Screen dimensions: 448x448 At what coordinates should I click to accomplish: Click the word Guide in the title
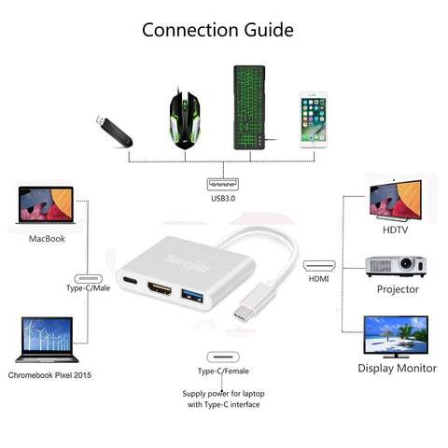(269, 30)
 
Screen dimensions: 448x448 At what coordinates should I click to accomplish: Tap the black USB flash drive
(114, 132)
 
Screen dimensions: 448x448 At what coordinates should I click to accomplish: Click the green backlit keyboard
(249, 107)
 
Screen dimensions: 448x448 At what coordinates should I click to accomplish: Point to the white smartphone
(314, 120)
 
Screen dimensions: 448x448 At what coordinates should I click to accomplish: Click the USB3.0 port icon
(223, 184)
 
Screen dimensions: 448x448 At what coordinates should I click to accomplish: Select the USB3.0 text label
(223, 199)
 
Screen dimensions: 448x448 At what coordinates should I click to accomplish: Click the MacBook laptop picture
(46, 204)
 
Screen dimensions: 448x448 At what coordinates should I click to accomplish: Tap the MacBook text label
(47, 239)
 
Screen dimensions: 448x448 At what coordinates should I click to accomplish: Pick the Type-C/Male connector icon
(89, 278)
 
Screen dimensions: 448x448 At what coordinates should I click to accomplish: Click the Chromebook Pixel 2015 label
(49, 375)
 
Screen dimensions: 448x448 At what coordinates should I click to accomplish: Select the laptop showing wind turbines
(47, 340)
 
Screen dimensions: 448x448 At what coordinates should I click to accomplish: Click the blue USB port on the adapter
(192, 295)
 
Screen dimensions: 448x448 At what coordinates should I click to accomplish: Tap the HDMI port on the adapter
(160, 288)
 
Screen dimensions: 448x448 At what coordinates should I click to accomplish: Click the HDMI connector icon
(319, 266)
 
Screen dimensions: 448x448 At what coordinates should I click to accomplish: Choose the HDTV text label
(395, 230)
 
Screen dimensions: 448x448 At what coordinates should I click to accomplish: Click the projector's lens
(406, 264)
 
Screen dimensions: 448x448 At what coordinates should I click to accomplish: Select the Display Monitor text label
(397, 369)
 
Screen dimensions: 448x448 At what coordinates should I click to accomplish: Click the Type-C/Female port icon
(223, 357)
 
